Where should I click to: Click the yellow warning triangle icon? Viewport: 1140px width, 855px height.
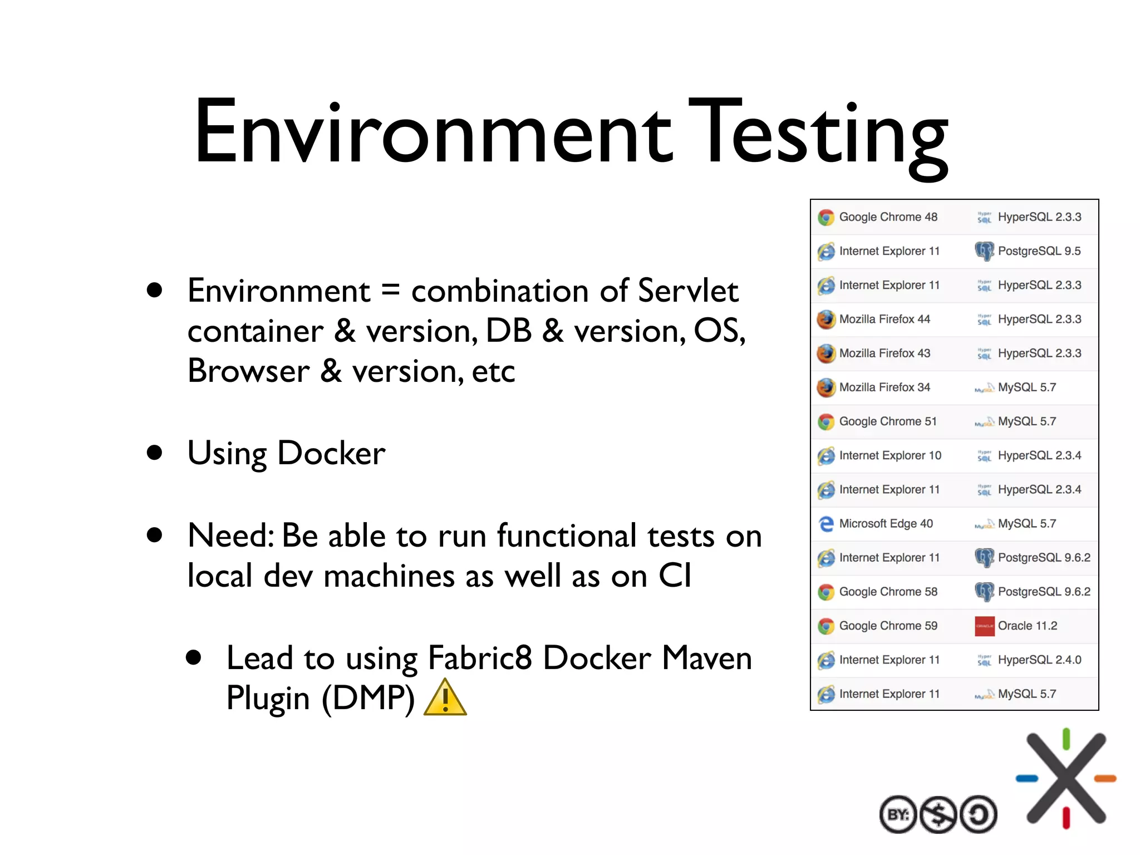(445, 698)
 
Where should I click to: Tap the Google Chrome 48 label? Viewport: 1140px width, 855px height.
(888, 217)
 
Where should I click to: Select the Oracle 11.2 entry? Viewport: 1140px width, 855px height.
(1027, 626)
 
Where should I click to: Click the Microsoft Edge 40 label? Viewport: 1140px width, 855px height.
(886, 524)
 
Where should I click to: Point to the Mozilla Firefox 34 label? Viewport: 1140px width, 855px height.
(885, 387)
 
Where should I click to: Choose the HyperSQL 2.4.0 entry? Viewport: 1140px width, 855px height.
(1039, 660)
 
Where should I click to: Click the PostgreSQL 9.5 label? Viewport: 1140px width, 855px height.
(1039, 251)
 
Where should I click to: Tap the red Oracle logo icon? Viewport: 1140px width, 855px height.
(984, 626)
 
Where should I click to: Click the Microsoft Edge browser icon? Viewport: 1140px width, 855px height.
(827, 524)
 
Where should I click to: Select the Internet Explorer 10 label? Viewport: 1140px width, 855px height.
(890, 455)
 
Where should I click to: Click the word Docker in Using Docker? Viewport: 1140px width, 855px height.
(331, 453)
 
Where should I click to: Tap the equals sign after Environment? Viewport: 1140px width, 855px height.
(391, 291)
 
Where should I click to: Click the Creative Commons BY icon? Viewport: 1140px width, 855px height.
(898, 814)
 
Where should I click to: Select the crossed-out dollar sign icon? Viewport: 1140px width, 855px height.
(938, 814)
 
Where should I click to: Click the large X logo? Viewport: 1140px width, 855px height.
(1066, 778)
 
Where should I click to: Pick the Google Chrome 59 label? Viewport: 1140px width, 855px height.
(888, 626)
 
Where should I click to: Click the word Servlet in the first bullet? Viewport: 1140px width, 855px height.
(688, 291)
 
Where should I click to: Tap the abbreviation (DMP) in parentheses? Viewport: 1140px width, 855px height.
(368, 698)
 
